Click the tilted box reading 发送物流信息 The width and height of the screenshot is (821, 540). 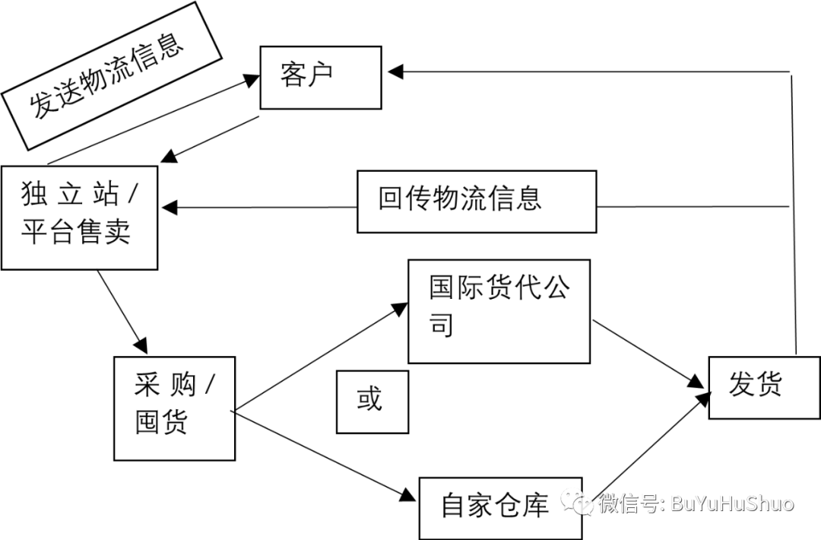coord(112,75)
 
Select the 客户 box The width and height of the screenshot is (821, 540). coord(320,77)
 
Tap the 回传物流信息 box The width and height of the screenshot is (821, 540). coord(476,201)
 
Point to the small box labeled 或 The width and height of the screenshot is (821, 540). coord(372,401)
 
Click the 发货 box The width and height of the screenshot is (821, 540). coord(754,387)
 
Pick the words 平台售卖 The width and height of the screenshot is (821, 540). coord(76,231)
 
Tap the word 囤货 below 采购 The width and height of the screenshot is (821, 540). coord(161,422)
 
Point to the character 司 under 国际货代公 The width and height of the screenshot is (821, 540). coord(442,325)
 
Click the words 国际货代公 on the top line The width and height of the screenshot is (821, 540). coord(499,287)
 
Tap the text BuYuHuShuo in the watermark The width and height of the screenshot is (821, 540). coord(732,503)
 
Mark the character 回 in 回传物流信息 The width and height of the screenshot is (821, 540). coord(390,199)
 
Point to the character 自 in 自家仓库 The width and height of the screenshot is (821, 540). coord(453,507)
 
